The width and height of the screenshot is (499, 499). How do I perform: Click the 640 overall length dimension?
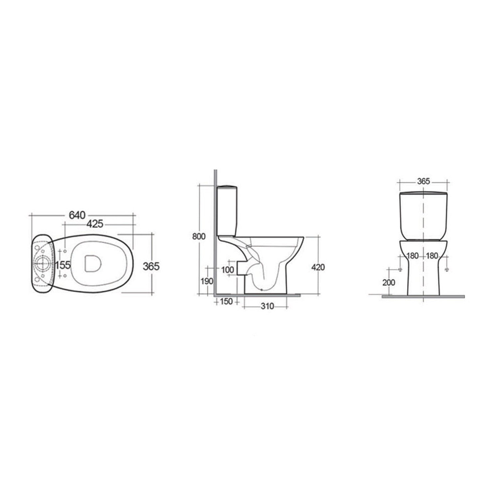pos(77,215)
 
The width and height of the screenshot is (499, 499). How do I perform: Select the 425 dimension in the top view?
pos(95,224)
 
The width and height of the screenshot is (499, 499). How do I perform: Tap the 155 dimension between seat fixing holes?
pos(63,265)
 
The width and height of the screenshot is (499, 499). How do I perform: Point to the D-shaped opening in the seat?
pos(92,264)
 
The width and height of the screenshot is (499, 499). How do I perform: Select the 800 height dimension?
pos(199,237)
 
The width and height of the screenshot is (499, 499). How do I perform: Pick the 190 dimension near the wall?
pos(207,281)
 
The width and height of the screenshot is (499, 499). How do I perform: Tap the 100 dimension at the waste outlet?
pos(228,269)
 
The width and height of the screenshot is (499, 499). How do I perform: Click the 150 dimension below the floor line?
pos(227,302)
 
